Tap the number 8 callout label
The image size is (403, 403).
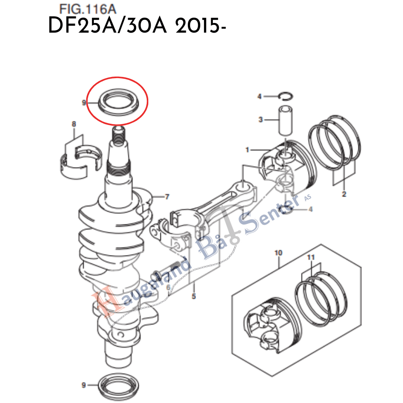[74, 125]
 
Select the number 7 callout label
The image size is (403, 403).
[167, 197]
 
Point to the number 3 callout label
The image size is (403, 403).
[260, 119]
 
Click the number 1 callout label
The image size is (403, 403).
[247, 150]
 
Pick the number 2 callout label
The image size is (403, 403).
[344, 194]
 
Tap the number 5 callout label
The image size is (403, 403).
[194, 297]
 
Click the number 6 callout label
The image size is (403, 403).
[167, 287]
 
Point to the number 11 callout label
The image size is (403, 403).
[311, 257]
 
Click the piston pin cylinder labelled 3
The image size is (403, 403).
[283, 120]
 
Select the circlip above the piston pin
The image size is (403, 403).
[287, 96]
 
